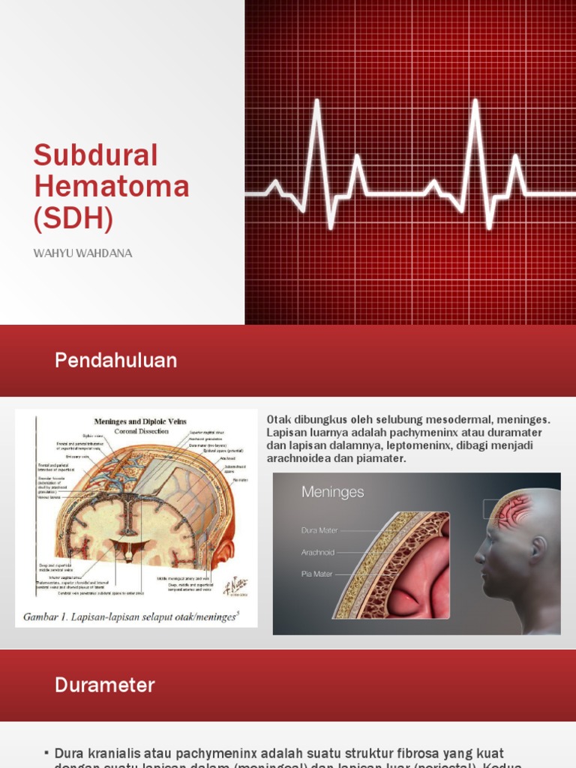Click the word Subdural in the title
tap(96, 155)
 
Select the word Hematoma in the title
tap(111, 186)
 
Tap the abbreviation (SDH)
tap(73, 217)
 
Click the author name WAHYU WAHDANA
tap(82, 253)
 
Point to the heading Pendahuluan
tap(115, 361)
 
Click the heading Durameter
tap(104, 685)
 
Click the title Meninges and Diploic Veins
tap(140, 421)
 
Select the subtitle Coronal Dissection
tap(140, 431)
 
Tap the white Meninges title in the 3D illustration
tap(332, 493)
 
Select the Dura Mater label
tap(319, 530)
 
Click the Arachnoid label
tap(317, 553)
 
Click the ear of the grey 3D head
tap(538, 550)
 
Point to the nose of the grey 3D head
tap(478, 556)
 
